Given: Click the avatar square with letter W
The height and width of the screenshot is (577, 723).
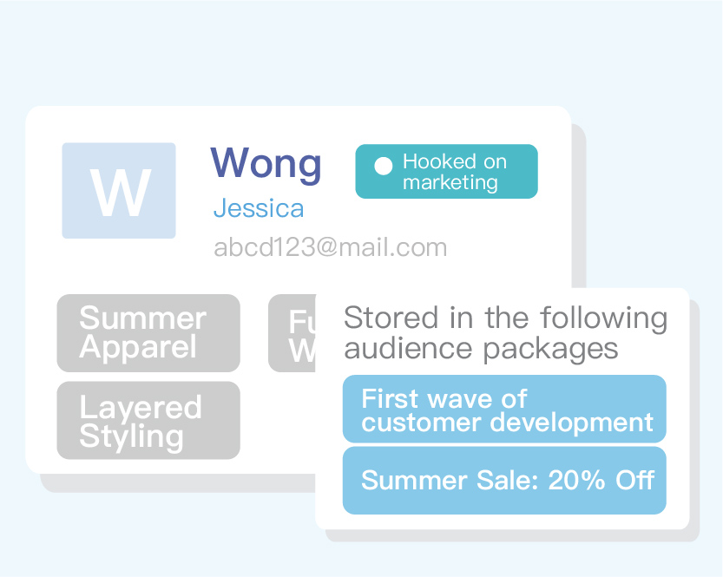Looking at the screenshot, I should pos(119,191).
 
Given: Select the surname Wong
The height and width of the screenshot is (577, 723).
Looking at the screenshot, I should pos(266,163).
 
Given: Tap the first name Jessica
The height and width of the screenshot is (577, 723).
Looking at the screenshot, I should pos(259,209).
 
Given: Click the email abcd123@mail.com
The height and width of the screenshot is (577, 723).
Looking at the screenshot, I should pos(330,248).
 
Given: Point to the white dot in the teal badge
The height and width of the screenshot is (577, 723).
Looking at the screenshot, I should pos(383,167).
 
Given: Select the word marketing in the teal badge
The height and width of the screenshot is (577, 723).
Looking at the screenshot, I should pos(450,182).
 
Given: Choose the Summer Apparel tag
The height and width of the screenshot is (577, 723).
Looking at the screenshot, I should pos(148,333).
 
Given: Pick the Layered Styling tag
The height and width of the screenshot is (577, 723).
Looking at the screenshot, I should pos(148,421).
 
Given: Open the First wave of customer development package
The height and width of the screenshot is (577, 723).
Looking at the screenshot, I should pos(504,410).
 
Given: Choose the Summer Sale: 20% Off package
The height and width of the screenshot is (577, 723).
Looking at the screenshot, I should pos(504,481).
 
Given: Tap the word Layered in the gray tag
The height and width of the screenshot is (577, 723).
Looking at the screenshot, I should pos(140,407).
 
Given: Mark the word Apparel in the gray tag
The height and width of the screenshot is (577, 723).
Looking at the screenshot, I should pos(138,348).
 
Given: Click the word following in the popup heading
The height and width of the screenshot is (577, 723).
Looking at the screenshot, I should pos(606,318).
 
